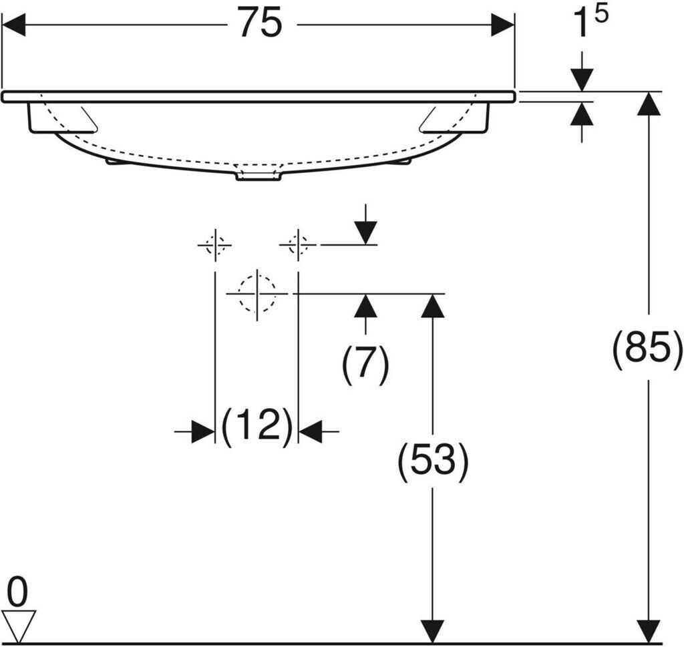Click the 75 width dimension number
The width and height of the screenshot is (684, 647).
[x=261, y=23]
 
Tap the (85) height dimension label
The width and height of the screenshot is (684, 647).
[x=647, y=347]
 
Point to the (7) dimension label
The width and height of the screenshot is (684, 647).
[x=365, y=364]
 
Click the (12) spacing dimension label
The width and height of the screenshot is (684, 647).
[x=257, y=427]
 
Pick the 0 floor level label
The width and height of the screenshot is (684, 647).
[x=18, y=592]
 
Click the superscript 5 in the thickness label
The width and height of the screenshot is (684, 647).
[x=601, y=15]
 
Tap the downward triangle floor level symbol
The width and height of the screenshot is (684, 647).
[x=18, y=626]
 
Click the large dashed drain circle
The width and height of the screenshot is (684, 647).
[x=257, y=294]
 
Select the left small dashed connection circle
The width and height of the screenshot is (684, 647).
[x=214, y=246]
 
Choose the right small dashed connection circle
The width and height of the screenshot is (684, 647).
[x=298, y=246]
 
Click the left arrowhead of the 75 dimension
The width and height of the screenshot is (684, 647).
[x=14, y=25]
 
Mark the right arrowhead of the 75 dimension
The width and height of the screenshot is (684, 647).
[x=502, y=25]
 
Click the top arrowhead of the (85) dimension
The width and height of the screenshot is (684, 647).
[x=649, y=103]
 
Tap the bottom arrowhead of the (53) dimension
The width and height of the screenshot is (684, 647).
[x=432, y=631]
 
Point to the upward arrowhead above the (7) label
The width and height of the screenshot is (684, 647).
[x=365, y=306]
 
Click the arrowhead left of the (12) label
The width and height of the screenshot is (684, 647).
[x=203, y=431]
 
